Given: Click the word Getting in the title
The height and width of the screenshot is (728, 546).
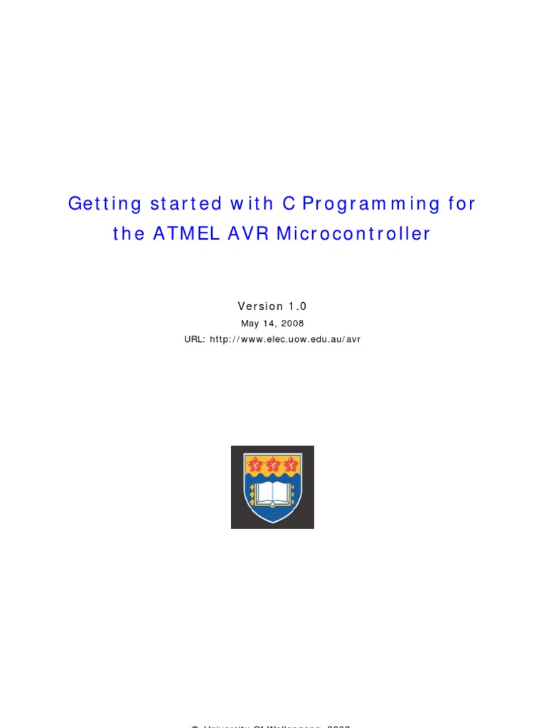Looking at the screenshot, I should (x=105, y=204).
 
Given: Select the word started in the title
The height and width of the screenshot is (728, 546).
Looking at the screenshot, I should (x=186, y=204).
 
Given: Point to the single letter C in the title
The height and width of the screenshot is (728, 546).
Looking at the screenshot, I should (x=288, y=204).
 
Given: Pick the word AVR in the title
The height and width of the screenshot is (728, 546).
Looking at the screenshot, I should (x=248, y=235).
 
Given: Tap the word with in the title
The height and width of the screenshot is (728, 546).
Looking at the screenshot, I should (x=252, y=204).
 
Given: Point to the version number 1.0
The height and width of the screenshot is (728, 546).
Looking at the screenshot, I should (x=297, y=306).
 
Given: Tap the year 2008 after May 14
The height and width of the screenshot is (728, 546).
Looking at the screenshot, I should (x=293, y=323).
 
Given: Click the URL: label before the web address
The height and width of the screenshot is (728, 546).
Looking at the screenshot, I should (x=195, y=339).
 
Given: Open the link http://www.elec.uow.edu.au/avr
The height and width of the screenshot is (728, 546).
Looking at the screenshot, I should (x=285, y=339).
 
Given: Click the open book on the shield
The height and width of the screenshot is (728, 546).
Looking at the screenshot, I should (x=272, y=493).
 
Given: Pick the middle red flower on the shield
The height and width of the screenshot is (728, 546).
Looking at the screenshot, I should (x=272, y=465).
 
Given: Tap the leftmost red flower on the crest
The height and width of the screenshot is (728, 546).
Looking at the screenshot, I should (x=255, y=465).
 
